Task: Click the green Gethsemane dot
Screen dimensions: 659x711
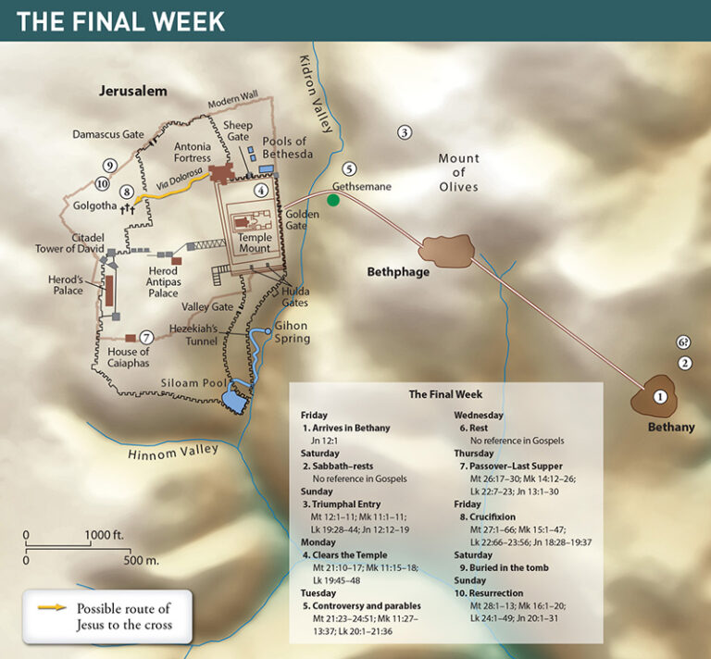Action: tap(333, 201)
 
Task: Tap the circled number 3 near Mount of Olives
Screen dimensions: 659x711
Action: tap(404, 133)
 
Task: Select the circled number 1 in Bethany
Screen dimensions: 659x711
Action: tap(660, 396)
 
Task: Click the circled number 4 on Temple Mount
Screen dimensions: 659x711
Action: tap(263, 190)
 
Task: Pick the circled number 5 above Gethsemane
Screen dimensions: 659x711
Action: tap(348, 168)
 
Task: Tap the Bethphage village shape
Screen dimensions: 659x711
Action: tap(446, 247)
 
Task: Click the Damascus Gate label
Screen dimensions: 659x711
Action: tap(108, 134)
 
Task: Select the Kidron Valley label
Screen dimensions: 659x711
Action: tap(310, 88)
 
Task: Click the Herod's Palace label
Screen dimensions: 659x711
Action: tap(68, 284)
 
